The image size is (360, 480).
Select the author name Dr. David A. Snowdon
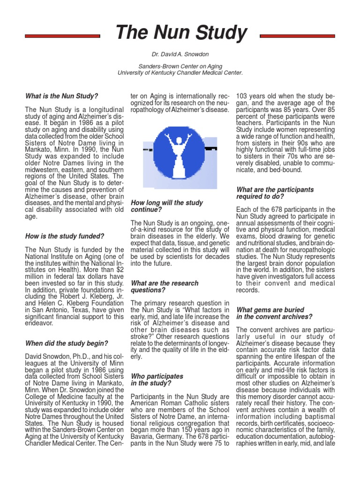180,55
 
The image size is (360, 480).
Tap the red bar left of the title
62,36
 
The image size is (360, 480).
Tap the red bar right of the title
298,36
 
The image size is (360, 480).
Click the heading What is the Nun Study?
61,96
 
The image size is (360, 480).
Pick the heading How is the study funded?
65,236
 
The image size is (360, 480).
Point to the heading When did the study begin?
67,343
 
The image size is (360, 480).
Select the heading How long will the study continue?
166,206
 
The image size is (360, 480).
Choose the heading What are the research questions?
164,287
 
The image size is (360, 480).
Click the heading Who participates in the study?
157,380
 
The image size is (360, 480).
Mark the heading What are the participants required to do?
274,193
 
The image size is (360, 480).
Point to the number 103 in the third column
243,96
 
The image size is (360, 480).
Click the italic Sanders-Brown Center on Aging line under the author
180,66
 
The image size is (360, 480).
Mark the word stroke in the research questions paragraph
141,337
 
